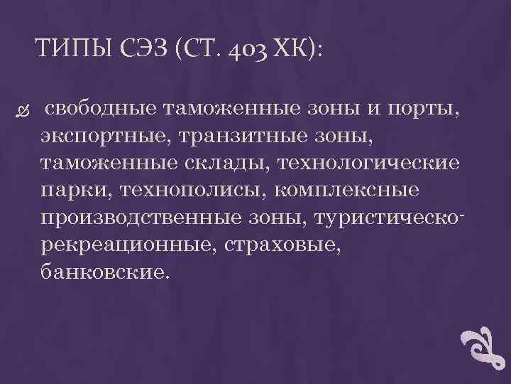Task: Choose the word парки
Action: [x=75, y=190]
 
